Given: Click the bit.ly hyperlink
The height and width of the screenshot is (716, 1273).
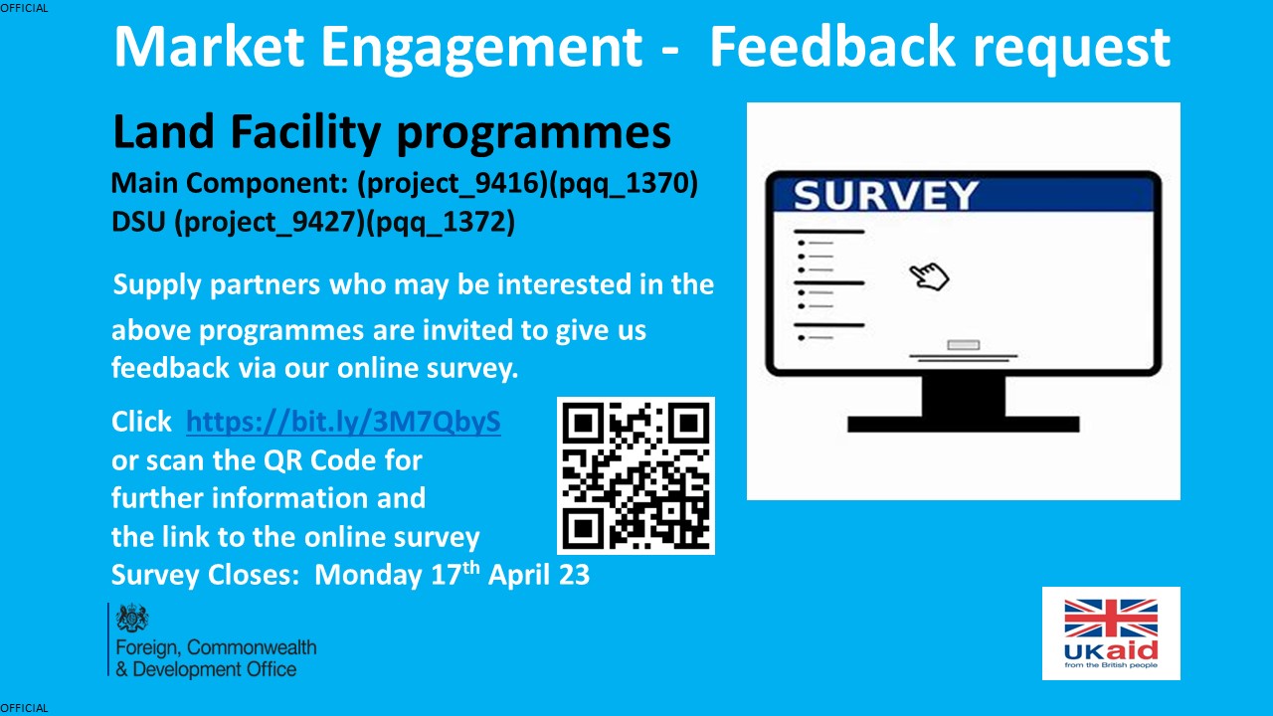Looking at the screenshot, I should (x=343, y=423).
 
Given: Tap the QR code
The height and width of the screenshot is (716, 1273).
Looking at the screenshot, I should (x=636, y=475).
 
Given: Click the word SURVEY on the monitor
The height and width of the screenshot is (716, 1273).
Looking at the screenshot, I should (x=885, y=195).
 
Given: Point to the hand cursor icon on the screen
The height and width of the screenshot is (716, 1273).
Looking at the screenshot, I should (x=930, y=276).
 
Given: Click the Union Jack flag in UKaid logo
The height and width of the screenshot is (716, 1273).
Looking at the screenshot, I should (x=1111, y=618).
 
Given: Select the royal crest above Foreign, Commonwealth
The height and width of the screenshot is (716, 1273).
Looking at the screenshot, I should (x=132, y=619).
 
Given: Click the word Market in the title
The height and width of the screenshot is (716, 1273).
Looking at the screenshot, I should (x=209, y=46).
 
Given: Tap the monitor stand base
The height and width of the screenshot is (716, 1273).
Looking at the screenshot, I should (x=963, y=424).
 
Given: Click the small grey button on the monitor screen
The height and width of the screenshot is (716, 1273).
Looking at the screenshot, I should (x=963, y=345).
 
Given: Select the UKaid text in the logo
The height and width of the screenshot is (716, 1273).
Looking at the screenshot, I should (x=1111, y=651).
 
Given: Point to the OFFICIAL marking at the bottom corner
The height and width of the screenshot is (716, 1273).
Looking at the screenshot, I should (x=24, y=708).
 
